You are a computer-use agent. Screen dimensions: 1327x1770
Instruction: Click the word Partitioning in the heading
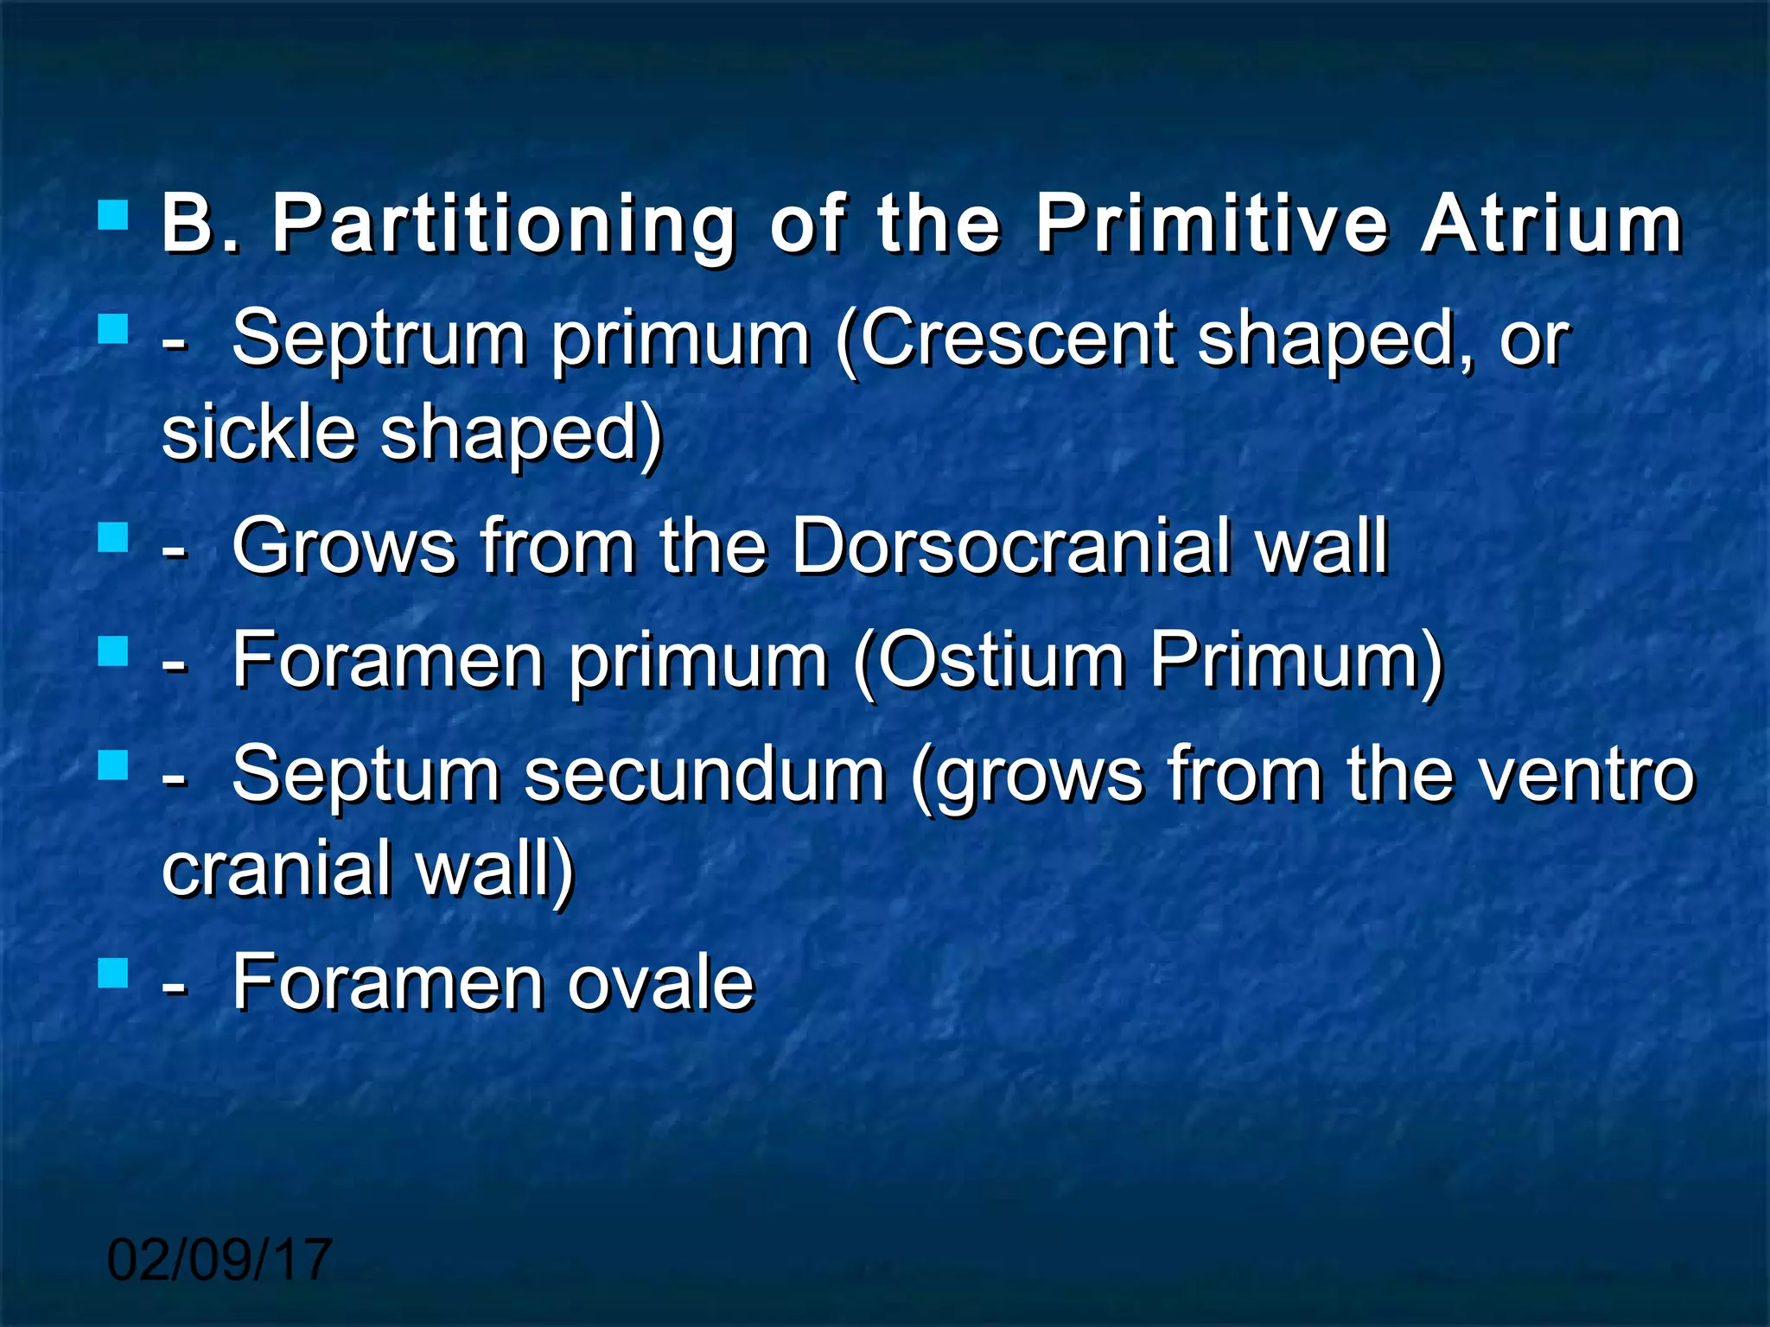pos(504,226)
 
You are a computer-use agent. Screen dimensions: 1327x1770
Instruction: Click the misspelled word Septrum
pos(379,340)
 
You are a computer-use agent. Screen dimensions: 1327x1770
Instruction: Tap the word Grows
pos(344,546)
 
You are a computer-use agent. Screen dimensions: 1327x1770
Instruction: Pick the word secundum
pos(704,774)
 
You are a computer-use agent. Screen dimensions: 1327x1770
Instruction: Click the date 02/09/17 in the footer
pos(220,1260)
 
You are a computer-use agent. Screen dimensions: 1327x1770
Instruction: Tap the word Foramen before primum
pos(388,660)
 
